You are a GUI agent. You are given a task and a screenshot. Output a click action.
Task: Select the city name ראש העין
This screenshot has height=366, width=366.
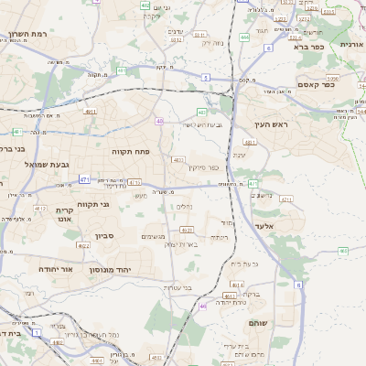tap(273, 124)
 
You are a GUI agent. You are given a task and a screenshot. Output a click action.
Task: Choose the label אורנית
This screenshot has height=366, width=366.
tap(352, 44)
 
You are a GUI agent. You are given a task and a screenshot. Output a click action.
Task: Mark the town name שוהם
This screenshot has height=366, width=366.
tap(258, 324)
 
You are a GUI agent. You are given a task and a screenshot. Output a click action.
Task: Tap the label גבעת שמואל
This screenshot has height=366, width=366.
tap(47, 165)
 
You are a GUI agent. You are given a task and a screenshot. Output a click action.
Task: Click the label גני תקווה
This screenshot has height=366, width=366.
tap(93, 203)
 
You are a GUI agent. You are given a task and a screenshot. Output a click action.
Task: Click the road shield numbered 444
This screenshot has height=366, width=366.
tap(244, 37)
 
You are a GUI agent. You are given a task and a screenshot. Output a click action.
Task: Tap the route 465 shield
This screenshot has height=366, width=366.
tap(343, 250)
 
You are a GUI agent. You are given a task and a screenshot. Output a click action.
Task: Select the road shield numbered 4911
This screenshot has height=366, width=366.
tap(90, 112)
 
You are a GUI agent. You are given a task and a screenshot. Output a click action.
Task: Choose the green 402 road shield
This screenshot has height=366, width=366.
tap(145, 5)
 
